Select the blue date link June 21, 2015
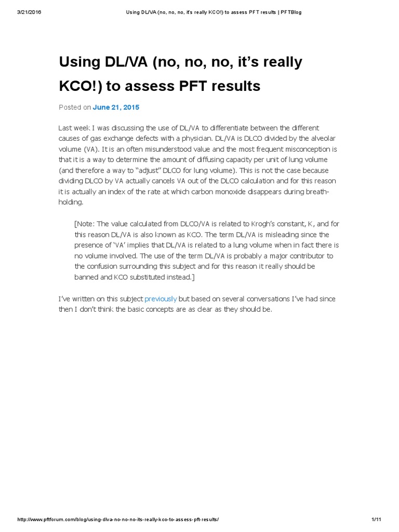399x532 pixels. [116, 108]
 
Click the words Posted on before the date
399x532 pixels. [74, 108]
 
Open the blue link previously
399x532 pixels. [161, 299]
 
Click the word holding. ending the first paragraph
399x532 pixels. [72, 202]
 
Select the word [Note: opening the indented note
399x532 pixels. [85, 224]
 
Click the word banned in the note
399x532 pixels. [87, 277]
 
